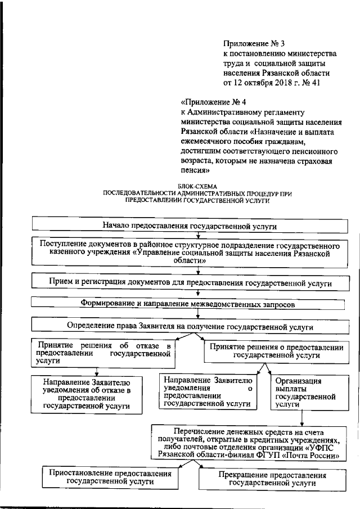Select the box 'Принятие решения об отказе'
coord(102,354)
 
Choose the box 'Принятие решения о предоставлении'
coord(276,351)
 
